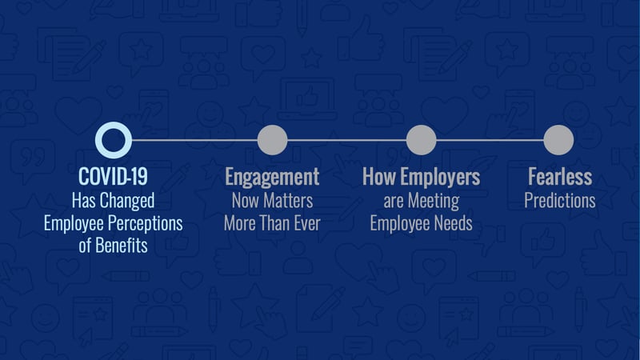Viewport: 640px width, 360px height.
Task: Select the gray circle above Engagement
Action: [x=272, y=140]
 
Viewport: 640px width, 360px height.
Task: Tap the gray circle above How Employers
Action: [x=422, y=140]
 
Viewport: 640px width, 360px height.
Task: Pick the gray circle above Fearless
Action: [x=558, y=140]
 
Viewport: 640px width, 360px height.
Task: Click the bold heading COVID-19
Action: [x=113, y=177]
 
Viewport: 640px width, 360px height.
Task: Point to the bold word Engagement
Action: [x=272, y=178]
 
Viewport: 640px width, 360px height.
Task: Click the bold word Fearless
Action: [x=560, y=177]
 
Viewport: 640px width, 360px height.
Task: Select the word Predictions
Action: [x=560, y=201]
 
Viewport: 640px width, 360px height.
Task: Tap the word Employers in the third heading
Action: [x=440, y=178]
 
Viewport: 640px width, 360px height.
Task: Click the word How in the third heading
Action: [x=379, y=177]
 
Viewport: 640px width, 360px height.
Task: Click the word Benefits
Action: [x=122, y=246]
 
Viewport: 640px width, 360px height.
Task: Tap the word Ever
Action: [x=307, y=223]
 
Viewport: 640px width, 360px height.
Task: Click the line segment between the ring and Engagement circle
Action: [x=194, y=140]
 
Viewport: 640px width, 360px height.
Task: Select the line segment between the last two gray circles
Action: [x=490, y=140]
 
